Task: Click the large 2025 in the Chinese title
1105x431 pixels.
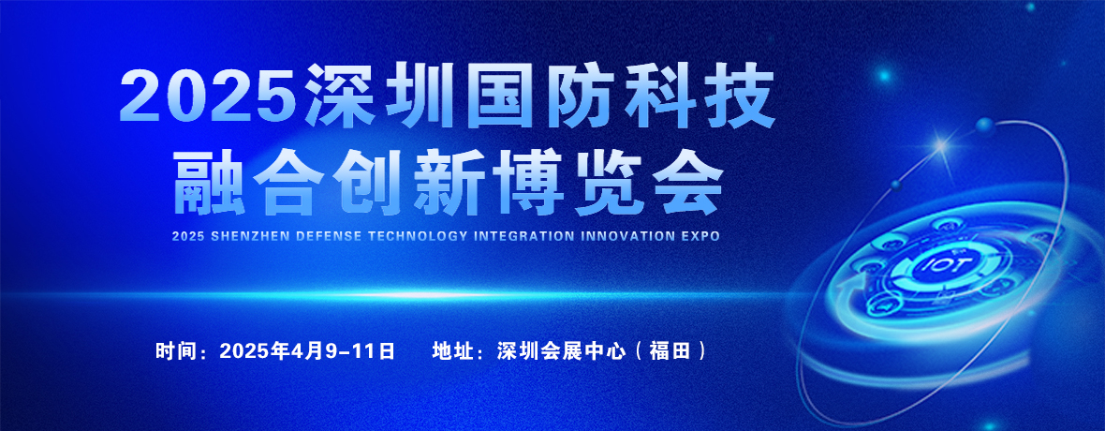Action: coord(210,96)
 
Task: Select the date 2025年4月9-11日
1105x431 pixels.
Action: coord(307,350)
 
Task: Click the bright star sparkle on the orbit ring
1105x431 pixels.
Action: coord(940,146)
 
